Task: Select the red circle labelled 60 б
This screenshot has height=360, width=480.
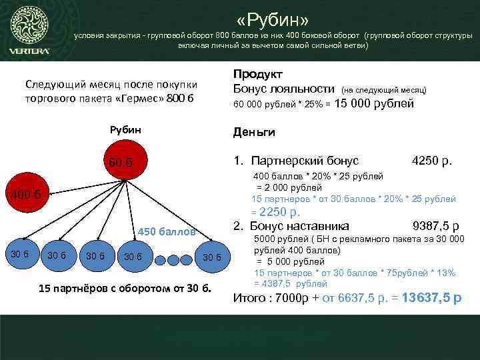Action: point(121,162)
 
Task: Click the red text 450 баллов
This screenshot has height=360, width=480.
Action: point(167,232)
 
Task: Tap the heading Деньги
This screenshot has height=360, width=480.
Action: point(254,133)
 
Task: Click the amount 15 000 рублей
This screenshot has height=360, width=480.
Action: point(374,103)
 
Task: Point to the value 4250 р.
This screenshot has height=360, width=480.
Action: point(432,161)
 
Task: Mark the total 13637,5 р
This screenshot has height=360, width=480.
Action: point(431,298)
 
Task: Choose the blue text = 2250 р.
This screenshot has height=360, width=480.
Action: point(276,213)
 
